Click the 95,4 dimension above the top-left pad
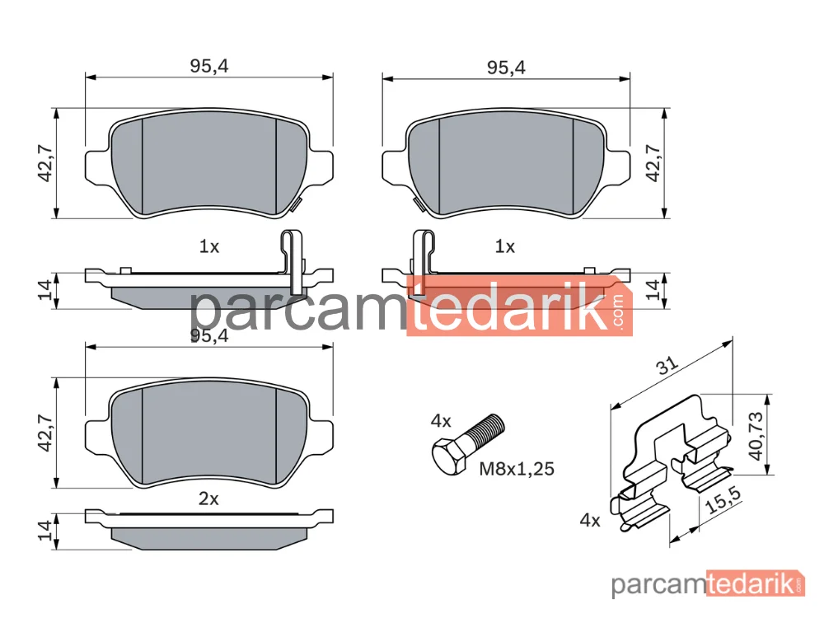coord(208,66)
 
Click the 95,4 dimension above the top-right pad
coord(506,68)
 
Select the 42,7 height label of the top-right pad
coord(653,163)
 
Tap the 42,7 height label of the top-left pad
coord(45,163)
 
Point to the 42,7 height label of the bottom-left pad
coord(45,433)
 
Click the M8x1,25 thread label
coord(517,469)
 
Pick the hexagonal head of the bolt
coord(449,458)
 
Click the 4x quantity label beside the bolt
coord(440,421)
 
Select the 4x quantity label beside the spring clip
coord(590,520)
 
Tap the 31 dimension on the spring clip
coord(667,365)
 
